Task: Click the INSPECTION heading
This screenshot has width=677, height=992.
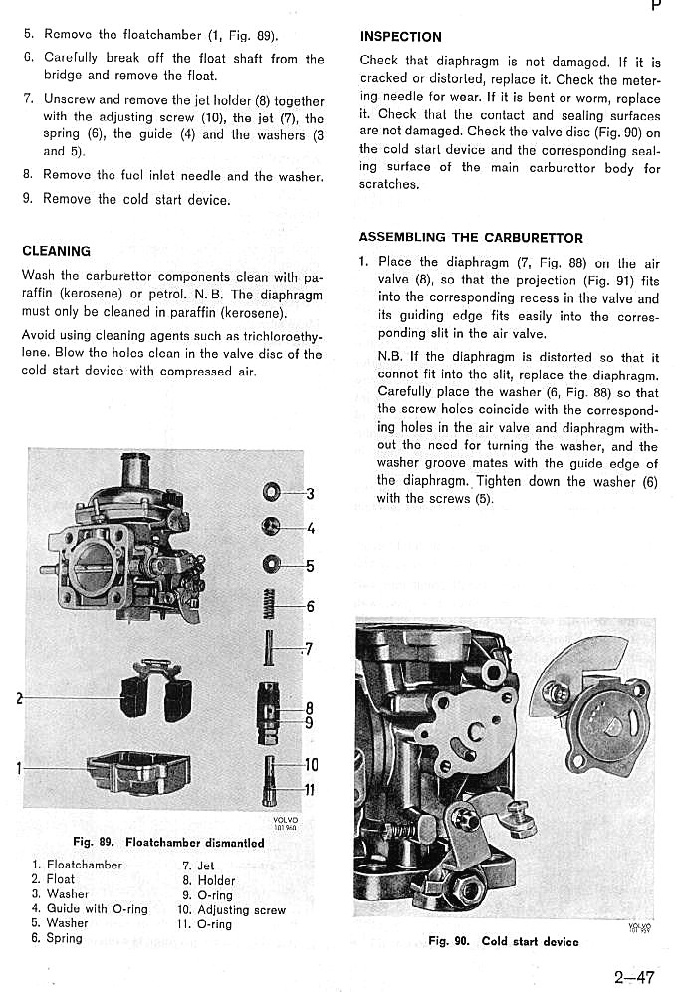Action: pos(400,37)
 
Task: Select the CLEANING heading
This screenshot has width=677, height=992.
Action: pos(56,251)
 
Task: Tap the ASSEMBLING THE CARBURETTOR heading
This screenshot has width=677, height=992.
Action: pos(471,238)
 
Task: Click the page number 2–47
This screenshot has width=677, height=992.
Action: pos(634,977)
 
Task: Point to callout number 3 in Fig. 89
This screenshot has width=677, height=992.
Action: pos(310,493)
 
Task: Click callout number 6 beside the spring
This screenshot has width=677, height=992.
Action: pos(310,606)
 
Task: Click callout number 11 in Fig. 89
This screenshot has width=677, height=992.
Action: pos(310,791)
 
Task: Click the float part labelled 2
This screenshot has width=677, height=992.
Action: pos(154,690)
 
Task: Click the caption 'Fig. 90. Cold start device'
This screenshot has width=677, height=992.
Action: pos(503,941)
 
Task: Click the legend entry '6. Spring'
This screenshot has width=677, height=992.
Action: pos(57,938)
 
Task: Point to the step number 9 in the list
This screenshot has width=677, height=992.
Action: pos(28,198)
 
